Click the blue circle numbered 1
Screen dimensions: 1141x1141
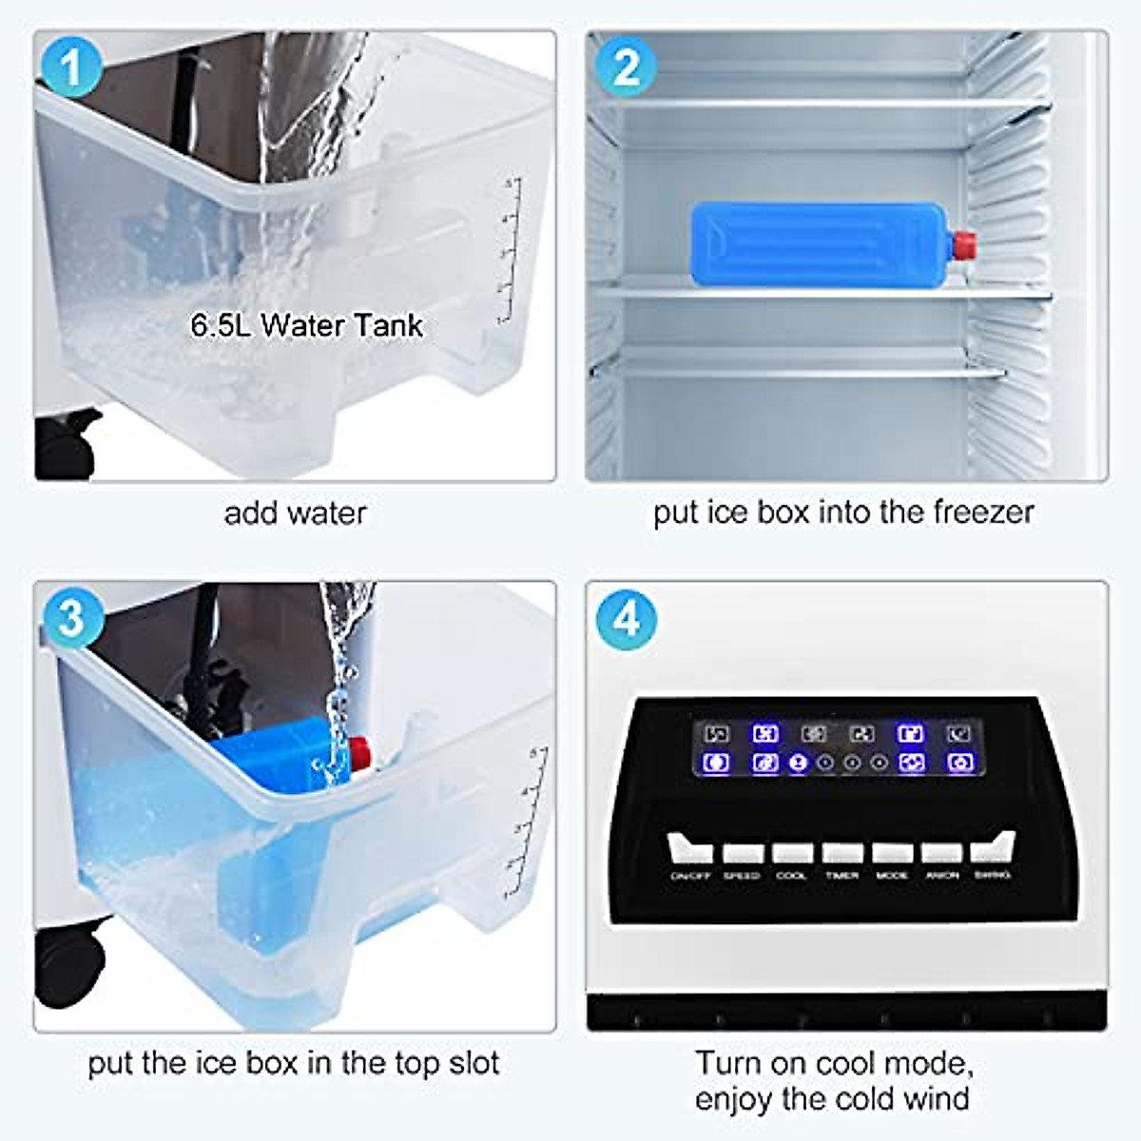click(x=71, y=68)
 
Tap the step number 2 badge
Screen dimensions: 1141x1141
click(x=626, y=68)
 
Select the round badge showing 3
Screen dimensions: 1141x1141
click(x=71, y=619)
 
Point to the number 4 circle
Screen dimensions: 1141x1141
click(x=626, y=619)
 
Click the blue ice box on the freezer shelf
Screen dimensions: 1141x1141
click(x=818, y=242)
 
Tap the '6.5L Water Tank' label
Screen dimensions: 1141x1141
click(x=306, y=325)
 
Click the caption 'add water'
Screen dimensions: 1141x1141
click(x=295, y=513)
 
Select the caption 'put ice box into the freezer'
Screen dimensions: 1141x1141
click(x=842, y=512)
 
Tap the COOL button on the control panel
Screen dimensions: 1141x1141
click(x=792, y=853)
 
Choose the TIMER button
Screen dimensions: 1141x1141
click(x=842, y=853)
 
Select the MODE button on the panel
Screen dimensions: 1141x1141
click(x=892, y=853)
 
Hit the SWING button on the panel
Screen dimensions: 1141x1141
click(x=993, y=848)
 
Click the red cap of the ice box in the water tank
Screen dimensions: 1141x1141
click(x=360, y=752)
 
